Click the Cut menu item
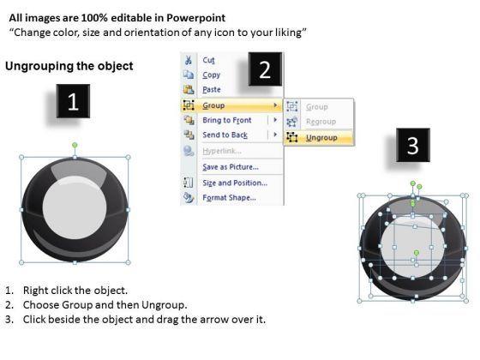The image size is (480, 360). tap(208, 60)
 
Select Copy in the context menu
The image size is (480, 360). tap(211, 75)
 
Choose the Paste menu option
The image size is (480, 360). tap(212, 90)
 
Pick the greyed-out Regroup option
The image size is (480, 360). tap(321, 122)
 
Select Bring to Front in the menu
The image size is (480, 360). tap(227, 120)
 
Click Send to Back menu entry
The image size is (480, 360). tap(225, 135)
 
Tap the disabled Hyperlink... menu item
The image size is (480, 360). tap(222, 151)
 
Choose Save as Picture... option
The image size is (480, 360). tap(231, 167)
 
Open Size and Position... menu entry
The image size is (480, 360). tap(235, 183)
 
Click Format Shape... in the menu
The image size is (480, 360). tap(230, 198)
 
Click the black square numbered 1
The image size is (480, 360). tap(73, 101)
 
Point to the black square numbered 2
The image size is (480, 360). tap(265, 69)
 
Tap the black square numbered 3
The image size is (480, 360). tap(413, 145)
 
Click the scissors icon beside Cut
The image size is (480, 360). tap(189, 60)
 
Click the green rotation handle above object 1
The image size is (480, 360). tap(75, 145)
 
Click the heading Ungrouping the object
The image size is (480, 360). tap(69, 66)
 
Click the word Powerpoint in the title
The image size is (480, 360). tap(196, 18)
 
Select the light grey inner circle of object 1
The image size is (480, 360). tap(75, 207)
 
